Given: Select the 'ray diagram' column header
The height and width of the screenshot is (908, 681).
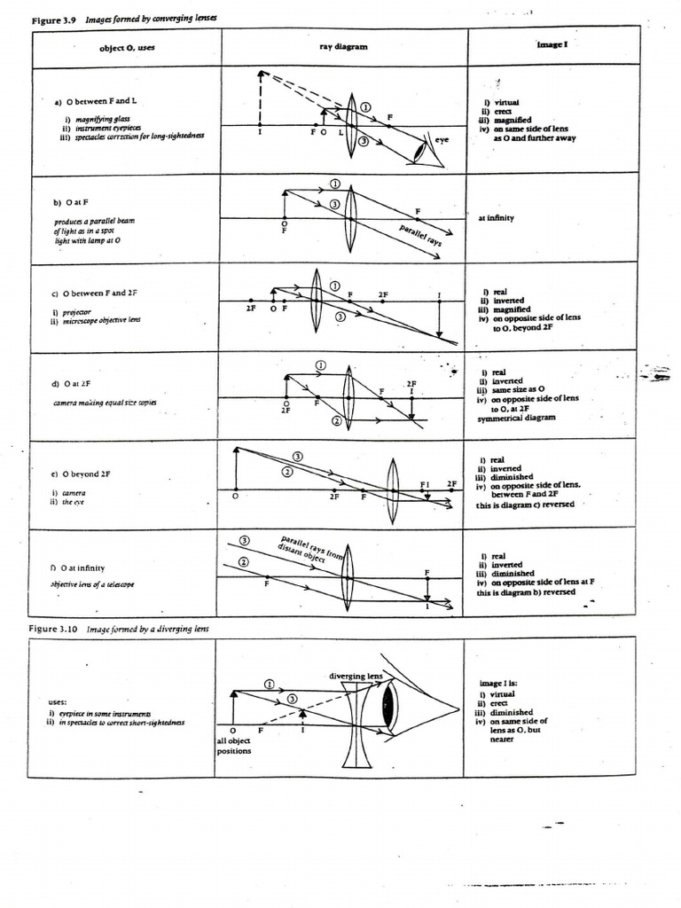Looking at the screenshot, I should point(338,47).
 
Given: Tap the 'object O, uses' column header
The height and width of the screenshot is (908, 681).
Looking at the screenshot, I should point(127,48).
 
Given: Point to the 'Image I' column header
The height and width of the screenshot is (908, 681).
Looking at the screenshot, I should point(550,43).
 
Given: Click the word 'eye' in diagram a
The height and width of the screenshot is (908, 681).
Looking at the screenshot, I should point(442,139).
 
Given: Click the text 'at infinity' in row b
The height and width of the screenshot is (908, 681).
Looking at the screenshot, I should point(496,217).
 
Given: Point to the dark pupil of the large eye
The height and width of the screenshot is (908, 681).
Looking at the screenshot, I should point(387,707).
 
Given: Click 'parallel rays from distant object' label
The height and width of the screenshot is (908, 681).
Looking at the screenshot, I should point(311,549).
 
